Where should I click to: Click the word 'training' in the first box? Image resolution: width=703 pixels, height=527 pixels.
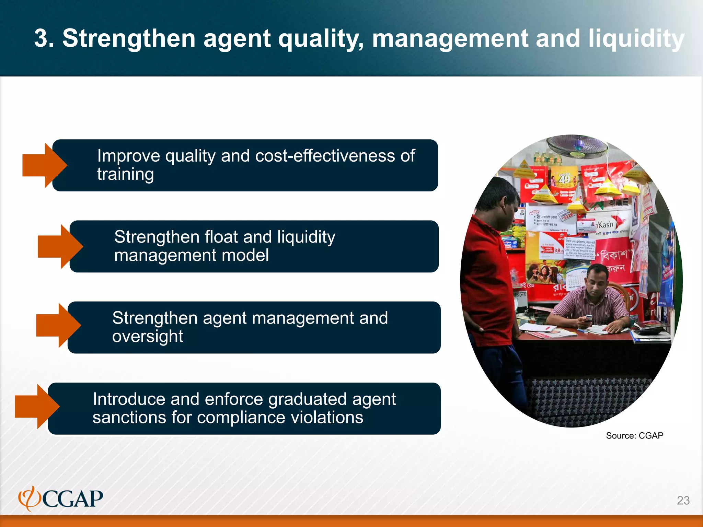tap(125, 174)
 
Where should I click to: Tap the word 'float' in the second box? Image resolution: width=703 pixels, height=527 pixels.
tap(221, 237)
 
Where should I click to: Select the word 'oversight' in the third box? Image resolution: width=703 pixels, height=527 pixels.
tap(148, 337)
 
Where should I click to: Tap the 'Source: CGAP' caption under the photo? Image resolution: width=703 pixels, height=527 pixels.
tap(634, 436)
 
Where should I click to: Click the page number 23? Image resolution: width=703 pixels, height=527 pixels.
tap(683, 500)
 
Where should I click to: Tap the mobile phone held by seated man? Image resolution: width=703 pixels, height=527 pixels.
tap(588, 318)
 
